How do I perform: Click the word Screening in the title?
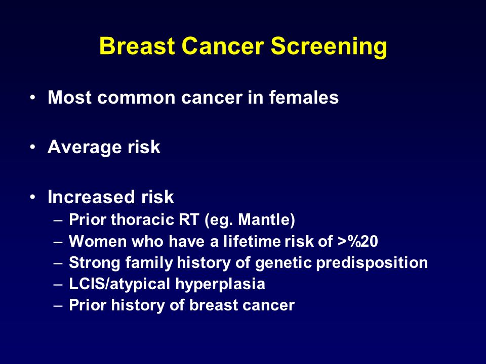(x=329, y=47)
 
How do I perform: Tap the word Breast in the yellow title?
(x=137, y=46)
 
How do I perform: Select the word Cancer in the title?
(x=223, y=46)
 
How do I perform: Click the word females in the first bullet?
(x=304, y=97)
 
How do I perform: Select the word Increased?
(x=91, y=197)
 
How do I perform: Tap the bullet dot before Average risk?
(x=32, y=147)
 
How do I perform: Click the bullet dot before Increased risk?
(x=32, y=197)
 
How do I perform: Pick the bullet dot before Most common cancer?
(x=32, y=98)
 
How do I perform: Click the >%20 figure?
(x=358, y=241)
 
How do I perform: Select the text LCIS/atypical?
(x=119, y=284)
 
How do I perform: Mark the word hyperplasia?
(x=220, y=284)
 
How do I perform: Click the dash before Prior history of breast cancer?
(x=58, y=306)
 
